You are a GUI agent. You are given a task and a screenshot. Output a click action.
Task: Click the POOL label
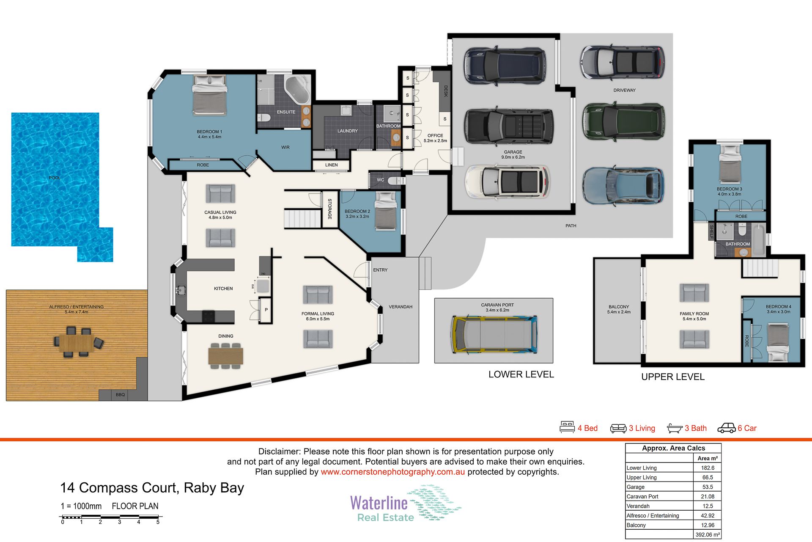click(x=55, y=178)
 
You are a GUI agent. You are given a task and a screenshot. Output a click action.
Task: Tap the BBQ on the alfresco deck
click(x=121, y=395)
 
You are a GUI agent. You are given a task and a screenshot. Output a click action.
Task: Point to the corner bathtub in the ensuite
click(x=298, y=90)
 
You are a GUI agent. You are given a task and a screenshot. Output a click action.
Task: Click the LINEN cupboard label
click(x=332, y=165)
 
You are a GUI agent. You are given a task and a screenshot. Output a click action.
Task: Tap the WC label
click(x=381, y=180)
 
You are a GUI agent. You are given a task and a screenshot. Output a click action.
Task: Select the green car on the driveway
click(x=623, y=121)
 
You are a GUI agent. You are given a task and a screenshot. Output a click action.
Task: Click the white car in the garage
click(x=507, y=182)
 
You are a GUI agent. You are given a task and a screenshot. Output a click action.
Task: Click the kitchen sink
click(x=181, y=290)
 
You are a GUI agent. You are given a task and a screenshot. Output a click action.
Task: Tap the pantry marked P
click(x=265, y=310)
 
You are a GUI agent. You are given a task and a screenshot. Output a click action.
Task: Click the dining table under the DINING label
click(x=226, y=355)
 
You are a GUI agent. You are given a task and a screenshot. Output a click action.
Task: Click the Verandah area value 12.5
click(x=708, y=506)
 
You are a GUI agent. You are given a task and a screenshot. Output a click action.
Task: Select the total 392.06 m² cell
click(x=708, y=535)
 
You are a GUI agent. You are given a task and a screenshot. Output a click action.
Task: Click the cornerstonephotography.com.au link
click(x=393, y=472)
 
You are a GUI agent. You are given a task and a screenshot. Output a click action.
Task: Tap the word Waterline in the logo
click(x=379, y=503)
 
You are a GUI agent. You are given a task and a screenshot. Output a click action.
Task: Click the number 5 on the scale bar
click(x=158, y=522)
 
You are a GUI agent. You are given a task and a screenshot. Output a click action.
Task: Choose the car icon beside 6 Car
click(x=727, y=428)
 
